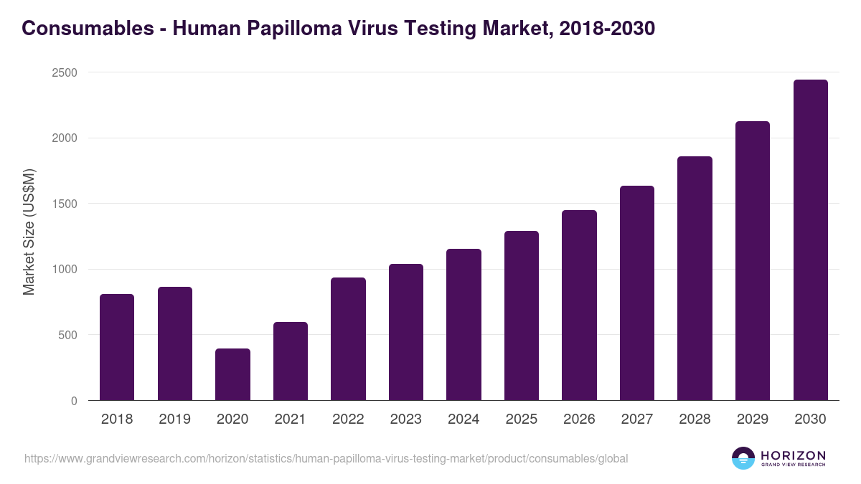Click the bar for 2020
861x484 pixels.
[232, 374]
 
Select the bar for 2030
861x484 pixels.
[810, 240]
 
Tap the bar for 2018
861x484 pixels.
[117, 347]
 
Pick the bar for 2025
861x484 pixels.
[521, 315]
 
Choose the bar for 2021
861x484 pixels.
[291, 361]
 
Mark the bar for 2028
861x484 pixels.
[695, 278]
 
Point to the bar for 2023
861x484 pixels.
[406, 332]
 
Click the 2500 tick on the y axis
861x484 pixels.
[65, 73]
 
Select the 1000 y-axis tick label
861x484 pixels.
[65, 270]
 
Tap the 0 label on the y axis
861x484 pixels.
[74, 401]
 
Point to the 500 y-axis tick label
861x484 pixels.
[67, 335]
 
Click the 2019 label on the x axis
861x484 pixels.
[174, 419]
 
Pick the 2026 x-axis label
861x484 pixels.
[579, 419]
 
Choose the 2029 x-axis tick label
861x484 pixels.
[753, 419]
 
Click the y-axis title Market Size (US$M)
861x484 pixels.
[29, 232]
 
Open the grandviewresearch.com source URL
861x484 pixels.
[326, 458]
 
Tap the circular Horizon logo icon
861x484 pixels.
[743, 458]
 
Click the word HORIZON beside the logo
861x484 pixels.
[794, 455]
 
